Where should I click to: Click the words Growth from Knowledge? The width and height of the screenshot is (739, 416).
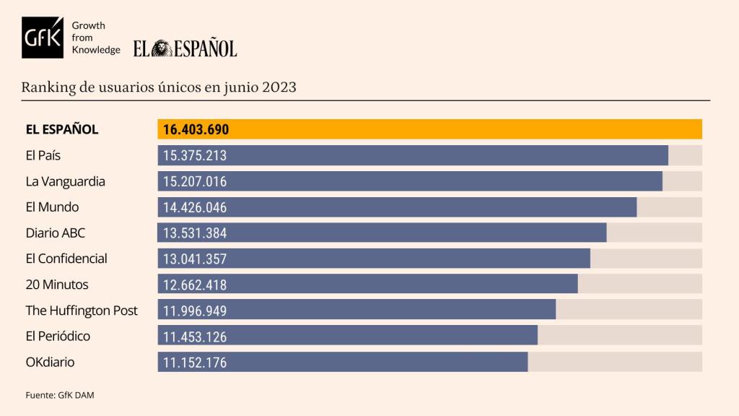pyautogui.click(x=96, y=38)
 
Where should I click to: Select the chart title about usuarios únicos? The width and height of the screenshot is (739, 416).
pyautogui.click(x=159, y=87)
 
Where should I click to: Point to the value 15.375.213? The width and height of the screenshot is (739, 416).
pyautogui.click(x=196, y=155)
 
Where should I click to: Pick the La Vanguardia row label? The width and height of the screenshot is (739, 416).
pyautogui.click(x=65, y=181)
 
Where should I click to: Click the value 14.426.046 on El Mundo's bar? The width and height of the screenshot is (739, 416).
pyautogui.click(x=196, y=207)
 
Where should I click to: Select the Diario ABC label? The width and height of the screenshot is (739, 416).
pyautogui.click(x=56, y=233)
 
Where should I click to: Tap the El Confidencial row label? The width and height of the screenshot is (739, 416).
pyautogui.click(x=66, y=259)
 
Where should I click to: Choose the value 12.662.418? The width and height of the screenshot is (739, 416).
pyautogui.click(x=196, y=285)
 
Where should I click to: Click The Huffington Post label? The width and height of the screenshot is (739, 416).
pyautogui.click(x=82, y=311)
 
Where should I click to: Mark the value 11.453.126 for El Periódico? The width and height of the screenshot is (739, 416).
pyautogui.click(x=196, y=337)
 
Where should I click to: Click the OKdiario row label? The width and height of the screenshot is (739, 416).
pyautogui.click(x=50, y=362)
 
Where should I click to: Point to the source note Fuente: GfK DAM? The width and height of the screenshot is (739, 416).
pyautogui.click(x=60, y=395)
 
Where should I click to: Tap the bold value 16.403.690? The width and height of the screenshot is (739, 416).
pyautogui.click(x=196, y=130)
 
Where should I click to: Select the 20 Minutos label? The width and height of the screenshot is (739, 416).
pyautogui.click(x=57, y=285)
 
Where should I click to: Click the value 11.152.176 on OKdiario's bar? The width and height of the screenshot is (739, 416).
pyautogui.click(x=196, y=363)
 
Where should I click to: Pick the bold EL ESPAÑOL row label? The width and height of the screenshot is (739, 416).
pyautogui.click(x=61, y=130)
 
